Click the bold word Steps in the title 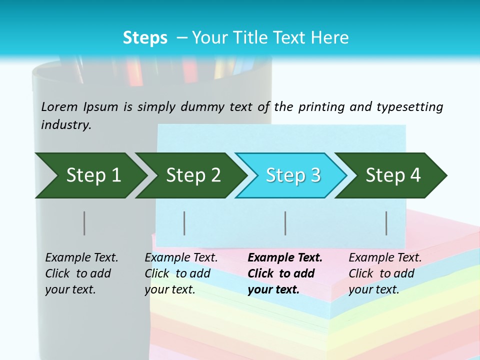point(145,38)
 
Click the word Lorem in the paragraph point(59,106)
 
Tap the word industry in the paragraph point(66,125)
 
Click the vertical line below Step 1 point(84,223)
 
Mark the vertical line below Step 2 point(184,223)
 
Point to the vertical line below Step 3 point(285,223)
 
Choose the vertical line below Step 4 point(386,223)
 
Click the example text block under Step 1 point(81,273)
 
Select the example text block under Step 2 point(181,273)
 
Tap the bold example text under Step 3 point(285,273)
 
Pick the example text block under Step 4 point(385,273)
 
